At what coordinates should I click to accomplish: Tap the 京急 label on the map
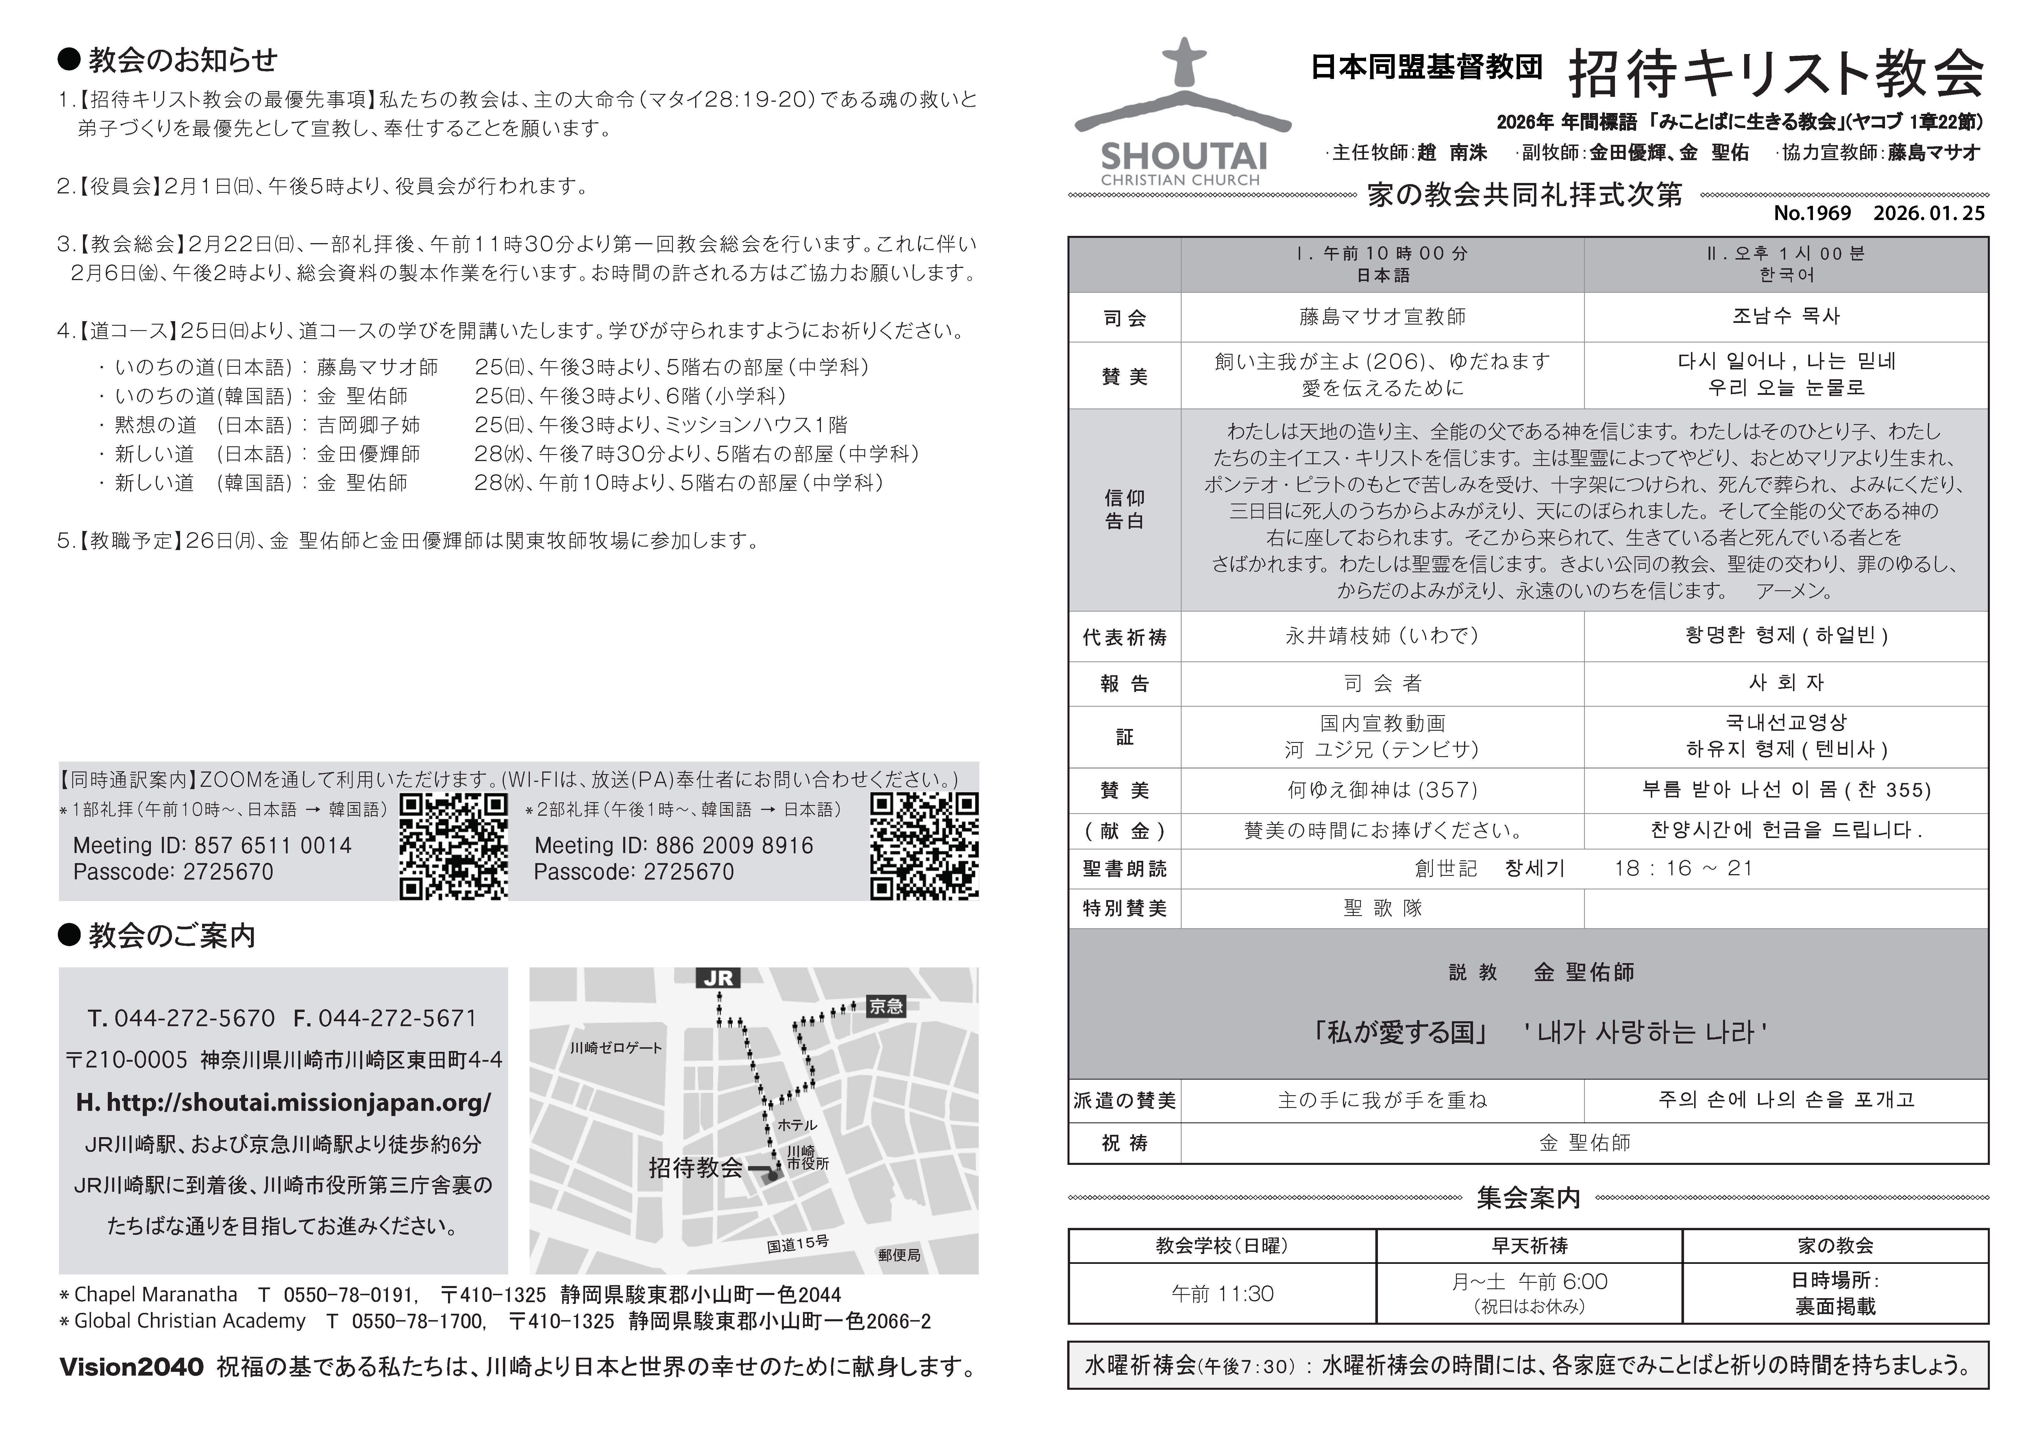point(886,1006)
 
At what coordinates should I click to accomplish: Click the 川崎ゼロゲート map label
point(616,1048)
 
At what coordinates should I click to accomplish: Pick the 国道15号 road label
point(797,1244)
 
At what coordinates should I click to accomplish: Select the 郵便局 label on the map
point(899,1254)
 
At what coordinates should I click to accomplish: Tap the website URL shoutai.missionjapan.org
point(284,1103)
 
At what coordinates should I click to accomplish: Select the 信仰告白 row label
point(1124,510)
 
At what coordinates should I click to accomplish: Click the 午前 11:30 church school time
point(1222,1294)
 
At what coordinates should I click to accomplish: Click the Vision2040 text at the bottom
point(132,1368)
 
